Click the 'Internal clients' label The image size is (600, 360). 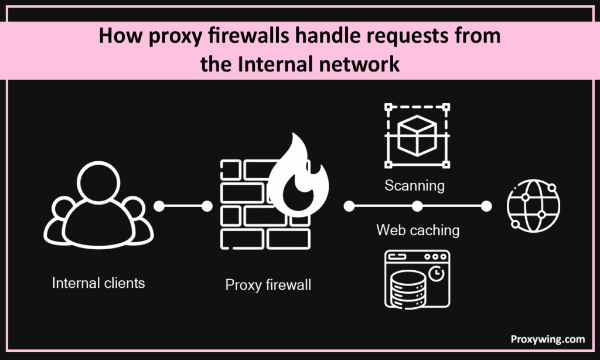(98, 283)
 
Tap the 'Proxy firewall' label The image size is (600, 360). (268, 286)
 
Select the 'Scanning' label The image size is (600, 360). (414, 186)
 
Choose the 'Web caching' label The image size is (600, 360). (418, 230)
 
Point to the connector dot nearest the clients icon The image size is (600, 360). (158, 206)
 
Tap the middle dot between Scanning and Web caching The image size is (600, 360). (417, 206)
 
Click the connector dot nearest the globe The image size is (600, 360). (486, 206)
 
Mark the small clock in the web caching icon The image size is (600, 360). (434, 274)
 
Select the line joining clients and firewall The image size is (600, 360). (182, 206)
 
